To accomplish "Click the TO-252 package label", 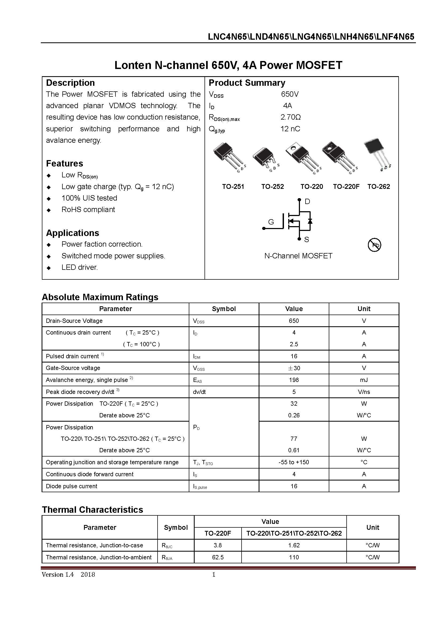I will [x=272, y=187].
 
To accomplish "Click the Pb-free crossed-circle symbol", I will [x=374, y=245].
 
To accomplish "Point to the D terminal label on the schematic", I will [x=307, y=202].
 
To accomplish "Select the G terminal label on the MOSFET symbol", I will [x=271, y=222].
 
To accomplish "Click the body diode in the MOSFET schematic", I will [x=310, y=221].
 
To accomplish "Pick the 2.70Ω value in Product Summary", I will [x=290, y=117].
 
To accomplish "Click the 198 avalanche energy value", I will [x=294, y=380].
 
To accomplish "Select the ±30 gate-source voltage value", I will [x=294, y=368].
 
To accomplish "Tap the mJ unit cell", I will [x=364, y=380].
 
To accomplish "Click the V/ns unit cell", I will [x=364, y=392].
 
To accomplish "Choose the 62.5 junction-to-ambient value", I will [x=218, y=557].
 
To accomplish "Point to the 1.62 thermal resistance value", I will [x=294, y=545].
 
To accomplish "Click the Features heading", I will [x=65, y=164].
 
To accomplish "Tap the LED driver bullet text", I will [x=79, y=267].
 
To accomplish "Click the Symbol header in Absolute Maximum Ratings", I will [x=224, y=309].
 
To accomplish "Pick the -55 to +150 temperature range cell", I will [x=294, y=462].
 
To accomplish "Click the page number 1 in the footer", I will [x=214, y=575].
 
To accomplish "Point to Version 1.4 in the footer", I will [x=58, y=575].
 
